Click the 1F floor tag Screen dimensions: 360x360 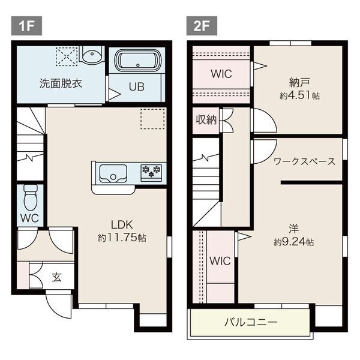coord(26,26)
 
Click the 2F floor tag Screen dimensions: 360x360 coord(202,26)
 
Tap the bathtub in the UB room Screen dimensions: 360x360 coord(137,61)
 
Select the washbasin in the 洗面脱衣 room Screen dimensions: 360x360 coord(92,55)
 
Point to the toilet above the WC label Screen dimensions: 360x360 coord(31,197)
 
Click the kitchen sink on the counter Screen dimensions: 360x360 coord(113,173)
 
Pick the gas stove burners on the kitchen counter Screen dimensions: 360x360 coord(151,172)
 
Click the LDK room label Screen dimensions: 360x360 coord(122,225)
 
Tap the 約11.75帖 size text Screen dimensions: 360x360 coord(122,238)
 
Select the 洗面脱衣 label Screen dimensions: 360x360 coord(61,83)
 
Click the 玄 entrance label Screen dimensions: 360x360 coord(56,277)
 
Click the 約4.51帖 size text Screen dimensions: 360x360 coord(299,95)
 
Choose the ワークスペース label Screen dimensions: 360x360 coord(305,161)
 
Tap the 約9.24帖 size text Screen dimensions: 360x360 coord(293,242)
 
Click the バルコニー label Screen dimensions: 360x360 coord(251,322)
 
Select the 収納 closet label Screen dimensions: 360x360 coord(206,119)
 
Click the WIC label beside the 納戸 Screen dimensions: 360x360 coord(221,74)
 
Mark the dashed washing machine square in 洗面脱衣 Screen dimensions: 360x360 coord(67,56)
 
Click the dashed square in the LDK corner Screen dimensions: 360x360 coord(152,119)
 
